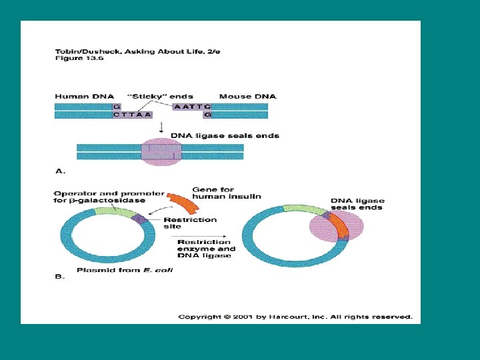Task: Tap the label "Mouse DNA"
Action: coord(247,97)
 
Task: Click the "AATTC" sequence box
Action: coord(192,106)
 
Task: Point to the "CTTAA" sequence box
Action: coord(132,115)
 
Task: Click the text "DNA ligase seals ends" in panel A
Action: coord(225,136)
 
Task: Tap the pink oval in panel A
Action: coord(160,151)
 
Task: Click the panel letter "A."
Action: coord(61,171)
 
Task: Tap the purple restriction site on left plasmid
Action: coord(139,217)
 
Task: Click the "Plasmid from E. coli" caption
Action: coord(117,270)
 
